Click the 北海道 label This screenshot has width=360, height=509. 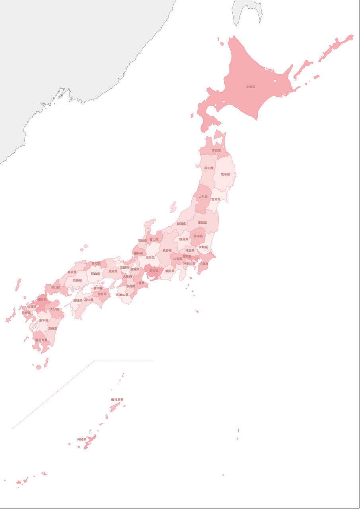tap(250, 87)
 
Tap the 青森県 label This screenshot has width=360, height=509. tap(216, 150)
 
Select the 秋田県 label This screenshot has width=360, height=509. tap(209, 168)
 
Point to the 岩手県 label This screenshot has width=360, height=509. tap(225, 174)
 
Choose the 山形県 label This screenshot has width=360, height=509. tap(203, 197)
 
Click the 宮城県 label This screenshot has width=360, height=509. tap(216, 199)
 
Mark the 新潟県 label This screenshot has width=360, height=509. tap(181, 224)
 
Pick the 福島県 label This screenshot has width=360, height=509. tap(202, 223)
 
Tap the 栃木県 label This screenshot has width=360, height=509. tap(198, 236)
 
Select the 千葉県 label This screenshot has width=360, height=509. tap(204, 264)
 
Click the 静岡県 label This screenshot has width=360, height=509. tap(170, 271)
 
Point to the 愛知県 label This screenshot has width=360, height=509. tap(154, 271)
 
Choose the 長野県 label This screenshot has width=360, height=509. tap(167, 251)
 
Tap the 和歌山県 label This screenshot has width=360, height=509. tap(122, 295)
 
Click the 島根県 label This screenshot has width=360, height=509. tap(72, 272)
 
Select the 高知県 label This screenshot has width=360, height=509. tap(88, 300)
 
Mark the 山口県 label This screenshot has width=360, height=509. tap(55, 287)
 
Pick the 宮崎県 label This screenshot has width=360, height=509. tap(53, 329)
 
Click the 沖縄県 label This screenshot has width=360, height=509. tap(82, 439)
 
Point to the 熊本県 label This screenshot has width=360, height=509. tap(44, 320)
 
